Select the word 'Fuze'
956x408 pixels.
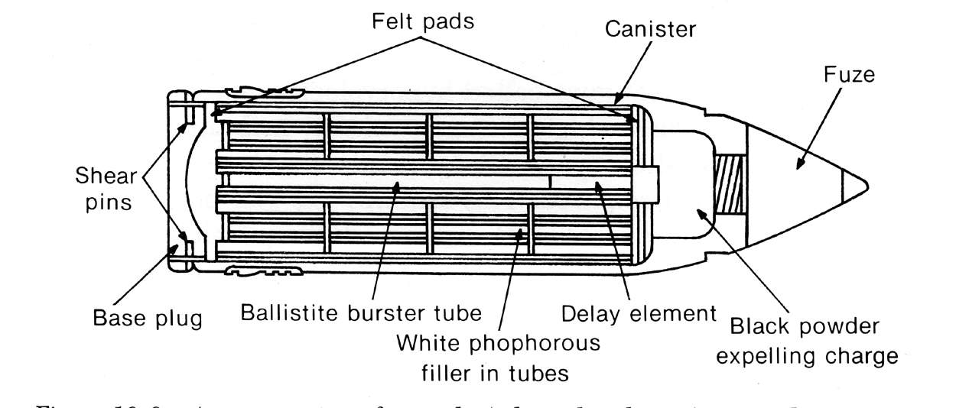(x=848, y=75)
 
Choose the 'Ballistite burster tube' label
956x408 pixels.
(x=360, y=313)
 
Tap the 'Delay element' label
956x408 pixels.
(x=638, y=313)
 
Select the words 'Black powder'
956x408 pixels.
(x=804, y=327)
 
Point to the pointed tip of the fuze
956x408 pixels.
(x=867, y=183)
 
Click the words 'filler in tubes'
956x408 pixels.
(x=494, y=374)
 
